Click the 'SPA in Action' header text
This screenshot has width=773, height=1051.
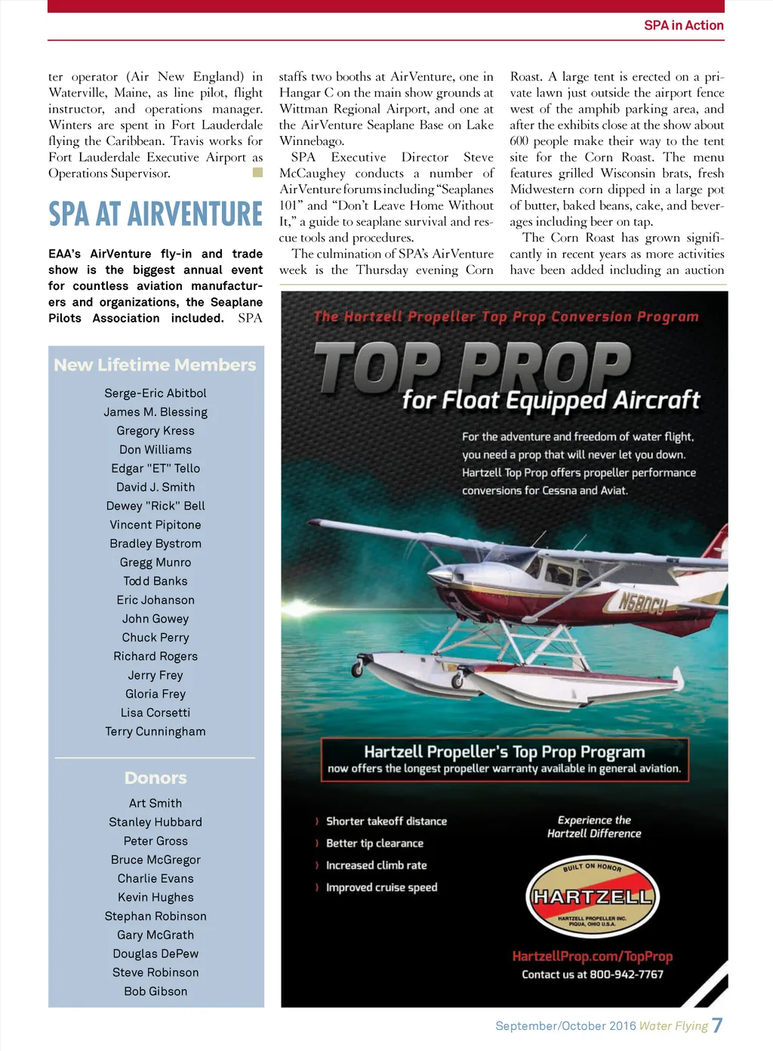click(683, 26)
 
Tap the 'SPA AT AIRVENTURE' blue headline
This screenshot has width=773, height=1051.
click(156, 214)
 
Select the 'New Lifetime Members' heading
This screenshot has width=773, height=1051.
click(155, 365)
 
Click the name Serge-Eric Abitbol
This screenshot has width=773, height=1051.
click(156, 393)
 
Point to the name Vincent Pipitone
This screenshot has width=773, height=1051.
click(156, 525)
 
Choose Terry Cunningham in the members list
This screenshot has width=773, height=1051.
click(156, 732)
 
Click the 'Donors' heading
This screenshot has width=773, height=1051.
click(156, 778)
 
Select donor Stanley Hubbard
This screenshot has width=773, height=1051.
click(156, 822)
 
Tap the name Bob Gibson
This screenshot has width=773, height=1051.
click(156, 991)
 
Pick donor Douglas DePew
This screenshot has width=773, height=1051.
click(156, 954)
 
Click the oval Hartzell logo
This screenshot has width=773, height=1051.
click(592, 897)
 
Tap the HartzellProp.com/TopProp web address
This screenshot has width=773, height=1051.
click(592, 957)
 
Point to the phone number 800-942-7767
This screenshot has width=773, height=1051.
click(627, 975)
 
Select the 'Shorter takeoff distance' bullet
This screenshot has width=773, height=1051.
click(386, 821)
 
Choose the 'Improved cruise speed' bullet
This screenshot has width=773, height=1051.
click(381, 888)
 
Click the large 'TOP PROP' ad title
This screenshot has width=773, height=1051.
click(472, 367)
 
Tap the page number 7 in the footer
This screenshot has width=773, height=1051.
click(717, 1025)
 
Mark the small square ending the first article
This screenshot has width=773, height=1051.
click(257, 173)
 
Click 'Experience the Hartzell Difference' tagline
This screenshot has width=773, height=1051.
click(594, 827)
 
